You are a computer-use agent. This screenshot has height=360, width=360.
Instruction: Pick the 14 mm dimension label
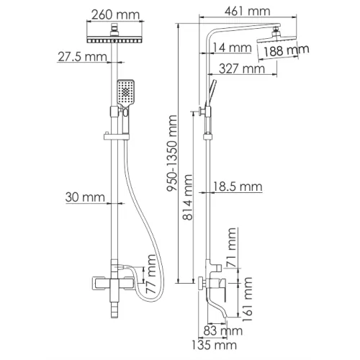click(232, 48)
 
